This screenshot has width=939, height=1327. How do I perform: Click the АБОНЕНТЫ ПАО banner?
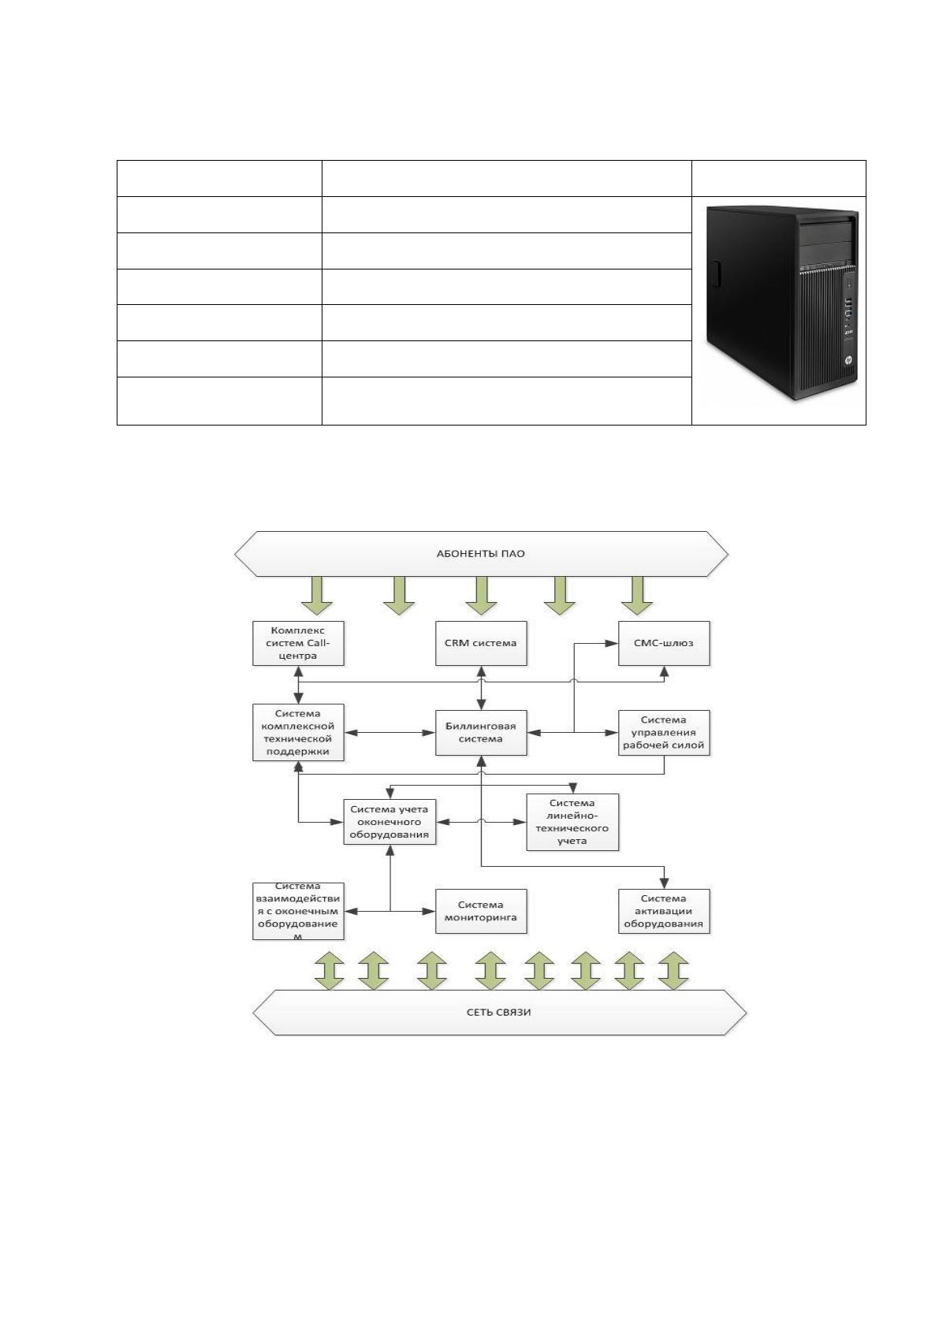[481, 554]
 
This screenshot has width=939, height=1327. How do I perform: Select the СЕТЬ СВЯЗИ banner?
[499, 1013]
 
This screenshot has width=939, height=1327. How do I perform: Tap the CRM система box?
[481, 643]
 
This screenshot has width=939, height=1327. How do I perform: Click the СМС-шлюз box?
[664, 643]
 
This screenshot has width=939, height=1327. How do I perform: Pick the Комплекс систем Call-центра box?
[298, 643]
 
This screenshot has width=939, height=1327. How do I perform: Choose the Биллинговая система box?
[481, 733]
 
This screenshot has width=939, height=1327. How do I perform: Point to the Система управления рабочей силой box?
[664, 733]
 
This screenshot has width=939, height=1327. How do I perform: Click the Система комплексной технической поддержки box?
[298, 732]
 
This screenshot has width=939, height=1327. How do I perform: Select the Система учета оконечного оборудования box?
[390, 822]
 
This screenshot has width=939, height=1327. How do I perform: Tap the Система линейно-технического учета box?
[572, 822]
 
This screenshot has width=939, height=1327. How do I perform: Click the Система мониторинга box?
[481, 911]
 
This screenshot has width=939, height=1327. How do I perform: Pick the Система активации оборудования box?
[664, 911]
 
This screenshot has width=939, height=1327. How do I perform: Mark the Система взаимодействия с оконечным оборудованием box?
[298, 911]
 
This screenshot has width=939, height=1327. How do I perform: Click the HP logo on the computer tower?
[848, 360]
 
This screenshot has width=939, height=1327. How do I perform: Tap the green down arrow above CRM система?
[481, 596]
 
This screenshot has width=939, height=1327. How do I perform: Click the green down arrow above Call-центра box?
[317, 596]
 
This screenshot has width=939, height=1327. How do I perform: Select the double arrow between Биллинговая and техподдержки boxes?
[390, 733]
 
